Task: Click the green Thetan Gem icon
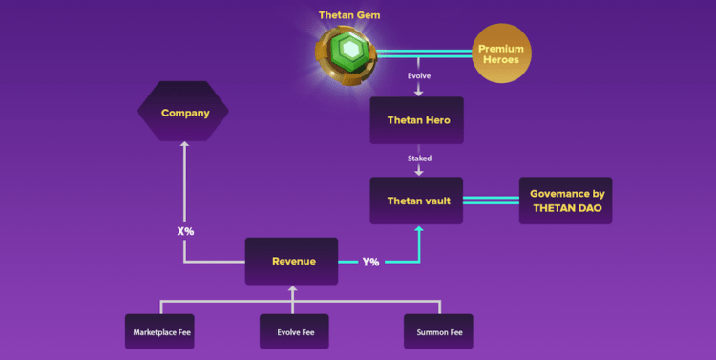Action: click(350, 51)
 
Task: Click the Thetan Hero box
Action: click(417, 120)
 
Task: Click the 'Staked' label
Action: click(418, 159)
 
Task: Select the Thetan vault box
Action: click(417, 201)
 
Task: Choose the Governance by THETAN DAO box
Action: click(565, 201)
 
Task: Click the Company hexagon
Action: click(184, 113)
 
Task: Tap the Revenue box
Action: click(292, 261)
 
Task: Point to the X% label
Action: click(186, 231)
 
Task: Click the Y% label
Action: click(370, 262)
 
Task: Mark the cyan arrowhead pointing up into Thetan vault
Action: click(418, 230)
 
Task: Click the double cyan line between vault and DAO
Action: click(491, 201)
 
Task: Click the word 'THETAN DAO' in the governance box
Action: click(565, 208)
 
